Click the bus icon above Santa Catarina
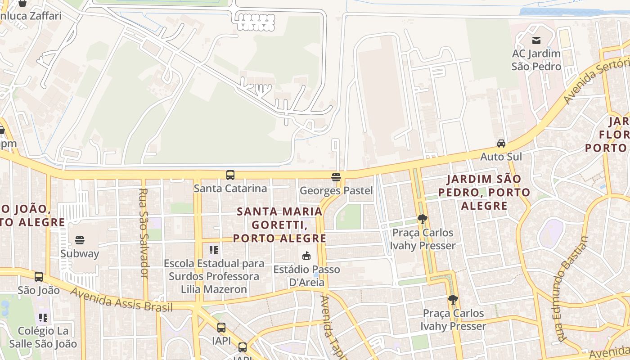(x=230, y=175)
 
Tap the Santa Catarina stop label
(x=230, y=188)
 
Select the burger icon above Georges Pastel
(x=336, y=177)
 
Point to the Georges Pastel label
(x=336, y=190)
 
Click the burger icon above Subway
(x=80, y=240)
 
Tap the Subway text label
(x=80, y=253)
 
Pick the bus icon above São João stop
(x=39, y=277)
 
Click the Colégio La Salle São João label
(x=47, y=337)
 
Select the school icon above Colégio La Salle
(x=43, y=318)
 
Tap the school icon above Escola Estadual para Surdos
(x=214, y=250)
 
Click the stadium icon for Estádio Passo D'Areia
(x=306, y=256)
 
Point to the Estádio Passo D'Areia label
(x=306, y=276)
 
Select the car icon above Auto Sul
(x=501, y=144)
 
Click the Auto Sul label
(x=501, y=157)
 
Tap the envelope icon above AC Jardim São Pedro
(x=536, y=40)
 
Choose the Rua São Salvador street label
(x=144, y=233)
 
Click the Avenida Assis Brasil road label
(x=121, y=300)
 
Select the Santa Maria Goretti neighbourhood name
(x=279, y=225)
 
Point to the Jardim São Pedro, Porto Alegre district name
(x=488, y=192)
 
